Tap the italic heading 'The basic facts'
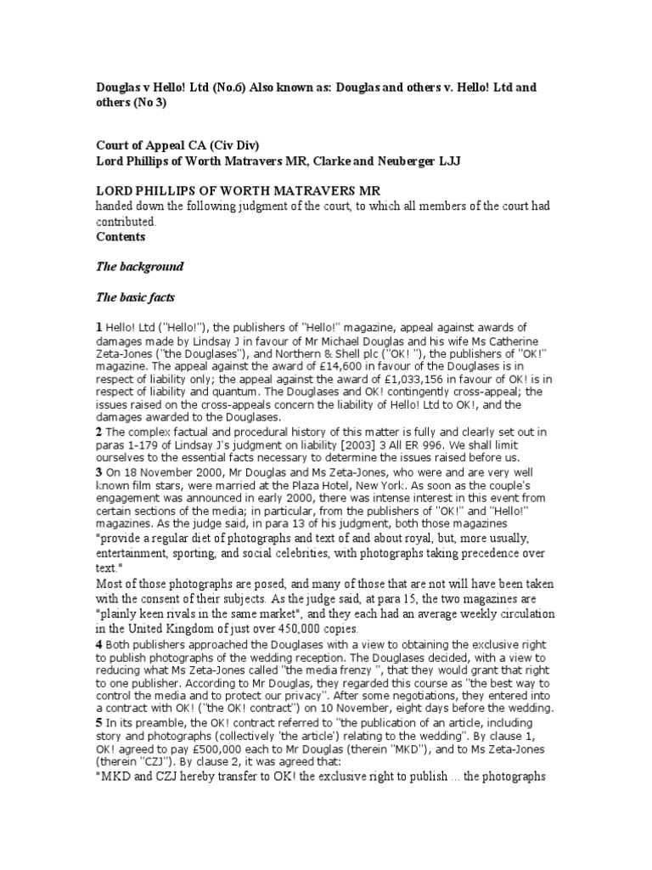coord(137,297)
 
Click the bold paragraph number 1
coord(98,328)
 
